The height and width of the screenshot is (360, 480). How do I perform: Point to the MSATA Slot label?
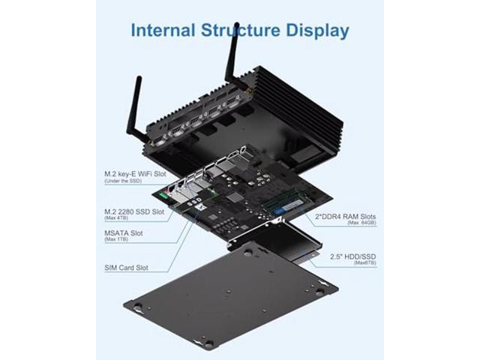tap(124, 232)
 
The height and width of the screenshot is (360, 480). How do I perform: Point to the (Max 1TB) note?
tap(117, 241)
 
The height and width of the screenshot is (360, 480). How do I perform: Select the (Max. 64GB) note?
tap(361, 223)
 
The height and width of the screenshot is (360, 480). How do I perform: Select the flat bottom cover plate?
tap(225, 292)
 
